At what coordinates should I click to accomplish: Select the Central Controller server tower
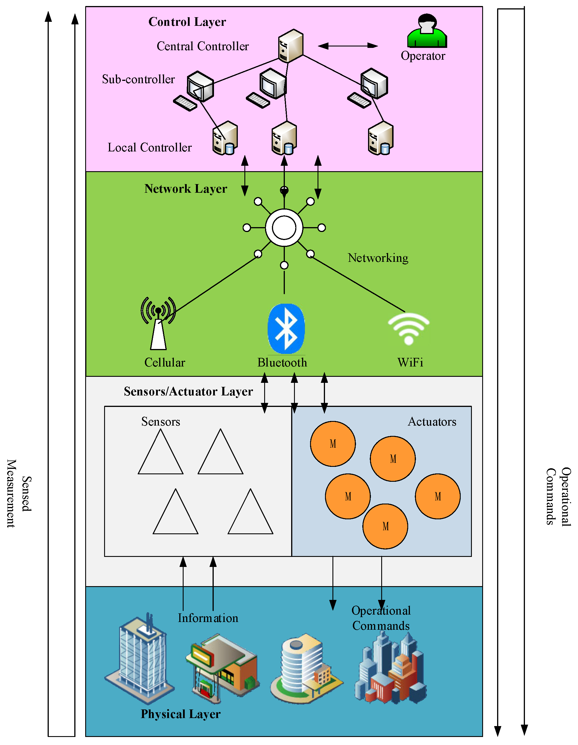click(x=290, y=46)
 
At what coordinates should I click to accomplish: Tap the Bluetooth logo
click(x=286, y=329)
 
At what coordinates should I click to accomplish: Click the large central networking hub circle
click(x=284, y=227)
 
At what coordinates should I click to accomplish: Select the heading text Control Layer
click(x=187, y=22)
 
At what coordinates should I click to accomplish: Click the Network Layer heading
click(x=186, y=189)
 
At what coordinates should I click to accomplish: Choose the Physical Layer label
click(x=180, y=714)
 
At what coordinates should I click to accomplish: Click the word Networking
click(x=378, y=258)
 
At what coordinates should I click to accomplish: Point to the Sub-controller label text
click(x=138, y=79)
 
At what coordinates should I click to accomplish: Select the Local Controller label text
click(x=149, y=148)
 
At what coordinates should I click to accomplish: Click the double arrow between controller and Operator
click(x=347, y=46)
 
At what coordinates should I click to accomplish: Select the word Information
click(x=208, y=618)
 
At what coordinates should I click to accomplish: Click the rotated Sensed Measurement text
click(x=19, y=494)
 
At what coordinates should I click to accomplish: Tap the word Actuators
click(x=432, y=422)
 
